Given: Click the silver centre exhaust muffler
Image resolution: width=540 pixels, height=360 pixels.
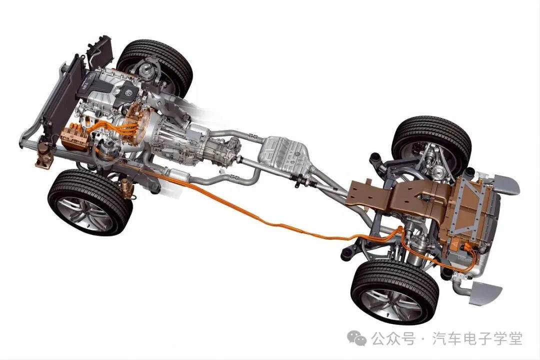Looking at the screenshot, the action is [284, 155].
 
